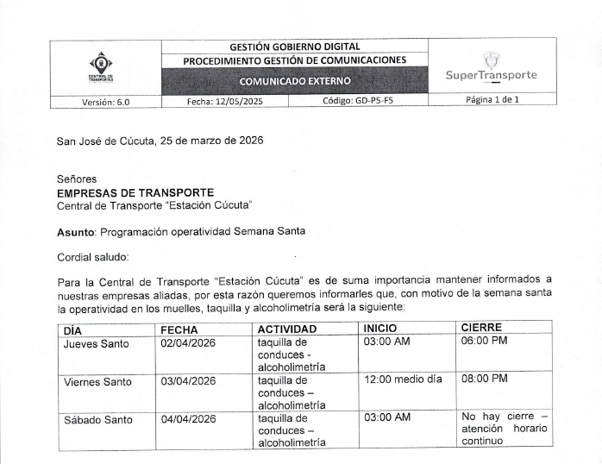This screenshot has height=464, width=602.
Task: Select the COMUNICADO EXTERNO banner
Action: click(x=295, y=81)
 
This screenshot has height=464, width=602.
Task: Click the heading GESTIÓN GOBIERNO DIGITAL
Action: click(x=295, y=46)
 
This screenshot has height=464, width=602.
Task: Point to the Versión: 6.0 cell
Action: click(x=105, y=100)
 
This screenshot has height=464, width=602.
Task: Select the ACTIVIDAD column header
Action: click(x=287, y=329)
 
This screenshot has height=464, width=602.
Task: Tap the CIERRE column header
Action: click(x=481, y=329)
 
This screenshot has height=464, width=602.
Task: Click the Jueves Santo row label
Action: click(x=97, y=343)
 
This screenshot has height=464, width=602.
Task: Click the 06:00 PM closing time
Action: click(x=485, y=342)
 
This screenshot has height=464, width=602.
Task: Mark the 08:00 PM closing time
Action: click(x=485, y=379)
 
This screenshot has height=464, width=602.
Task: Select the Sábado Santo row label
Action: click(x=97, y=419)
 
